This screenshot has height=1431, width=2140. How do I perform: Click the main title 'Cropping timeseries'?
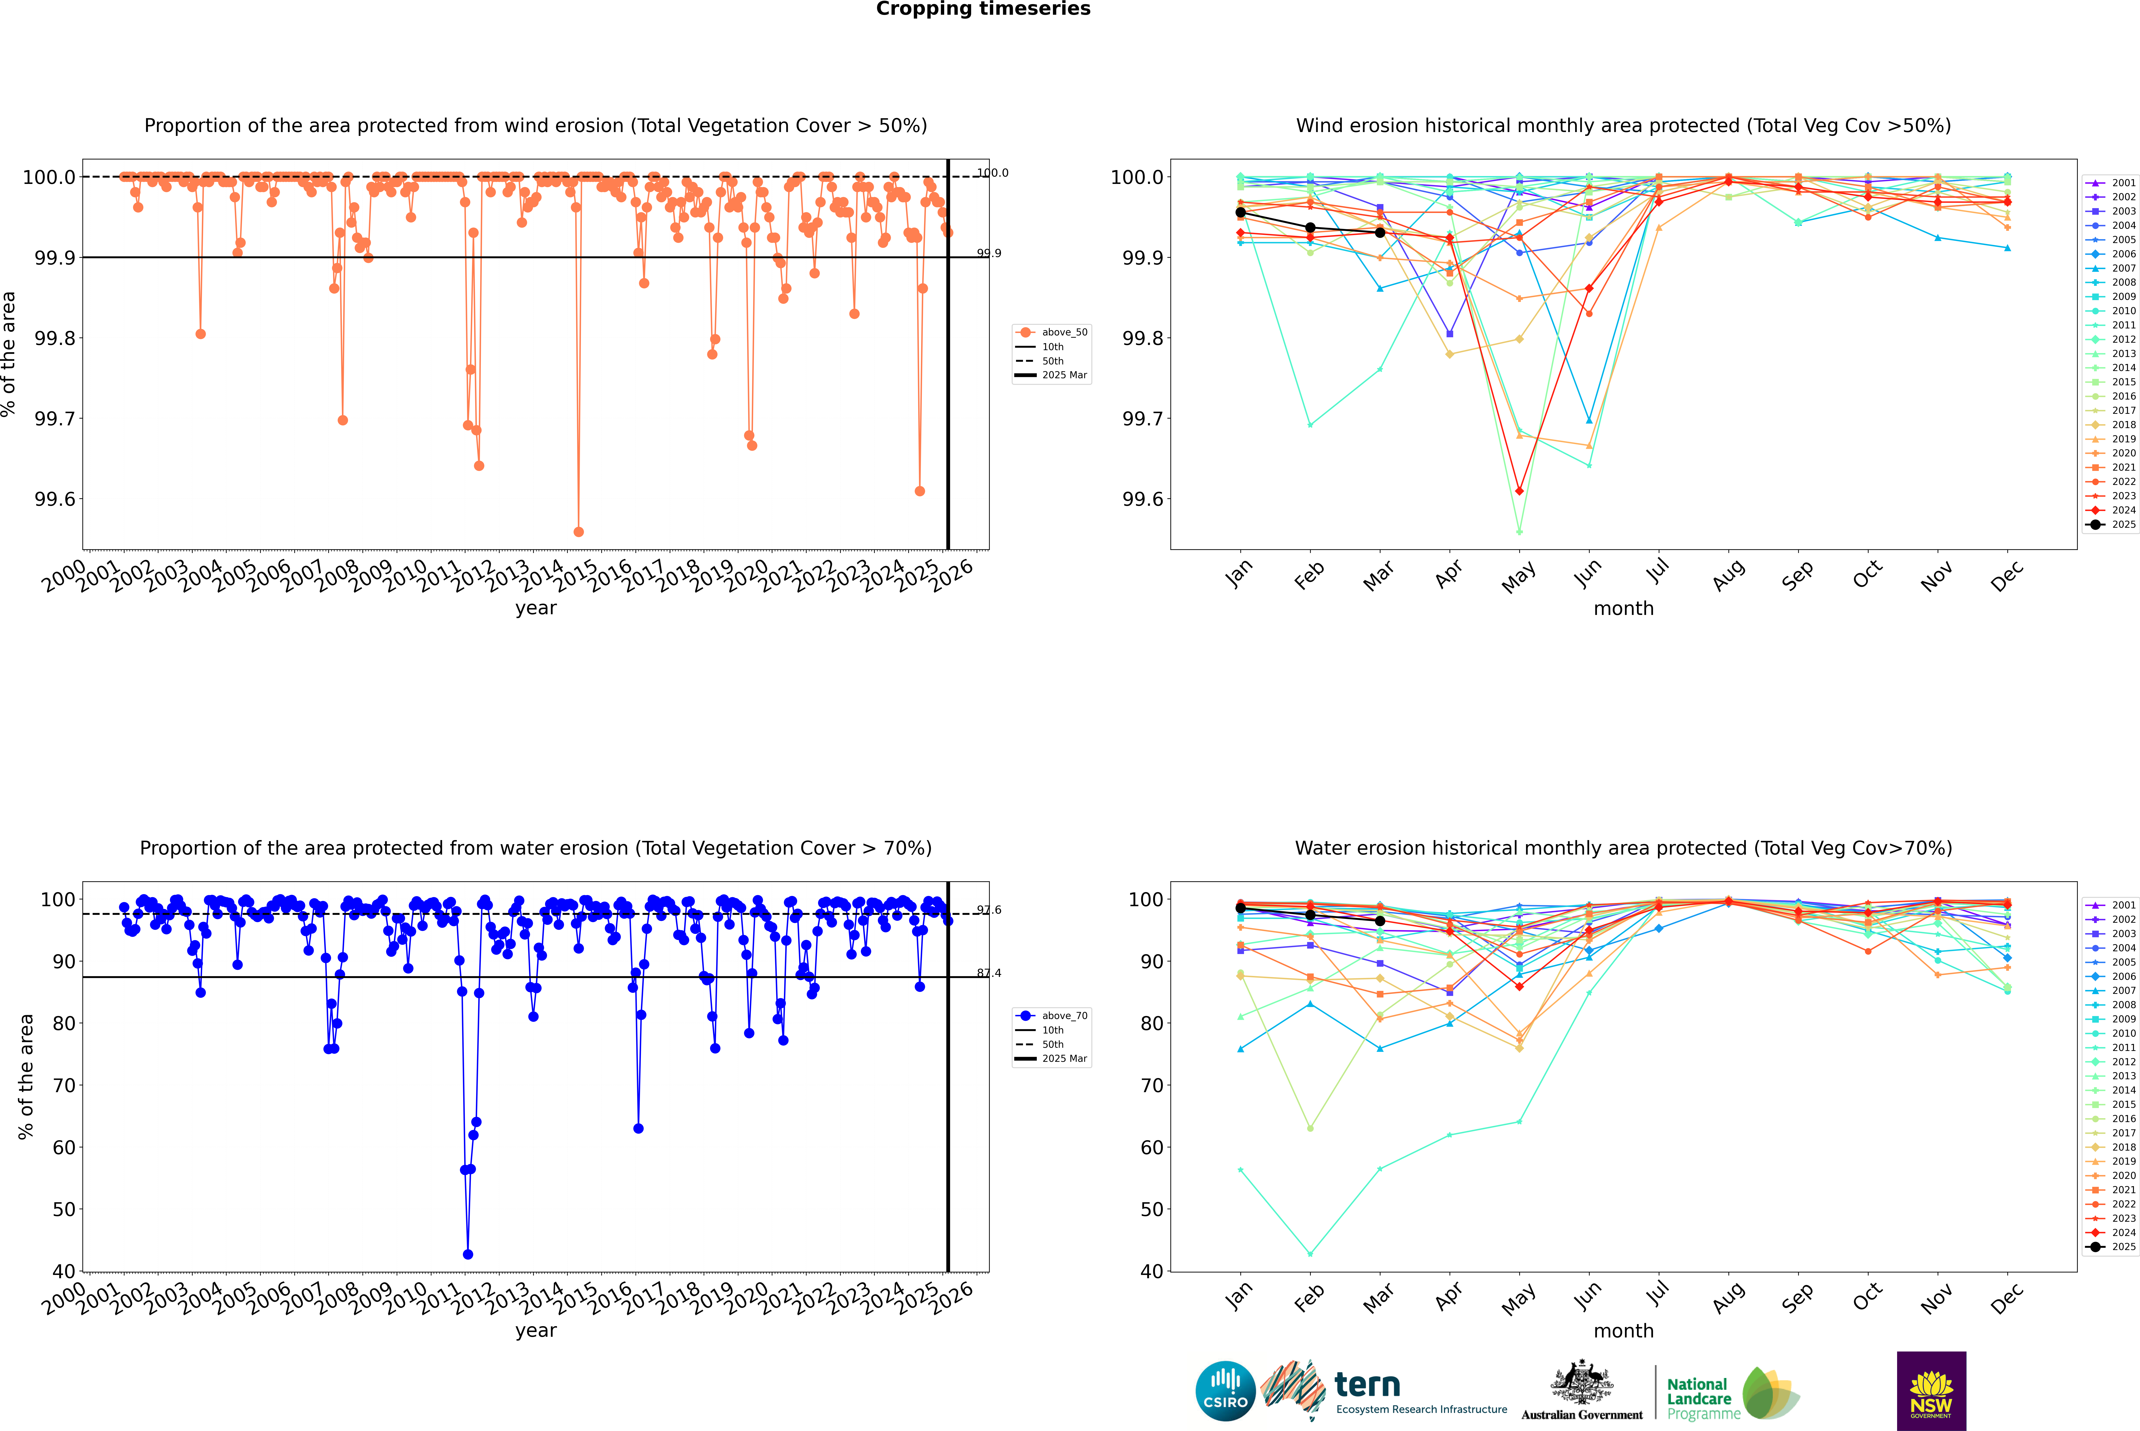983,9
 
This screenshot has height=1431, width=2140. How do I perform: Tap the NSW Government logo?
1931,1391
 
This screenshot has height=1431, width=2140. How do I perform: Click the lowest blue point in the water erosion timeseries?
468,1254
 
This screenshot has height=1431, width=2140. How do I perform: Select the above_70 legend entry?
1052,1016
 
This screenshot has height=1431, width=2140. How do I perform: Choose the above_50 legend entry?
1052,332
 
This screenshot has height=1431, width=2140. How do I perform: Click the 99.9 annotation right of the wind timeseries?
989,254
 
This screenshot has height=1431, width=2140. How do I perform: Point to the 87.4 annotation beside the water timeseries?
989,973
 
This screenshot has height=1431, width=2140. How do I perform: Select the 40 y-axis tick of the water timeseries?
64,1271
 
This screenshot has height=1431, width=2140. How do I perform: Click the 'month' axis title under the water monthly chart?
1623,1331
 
